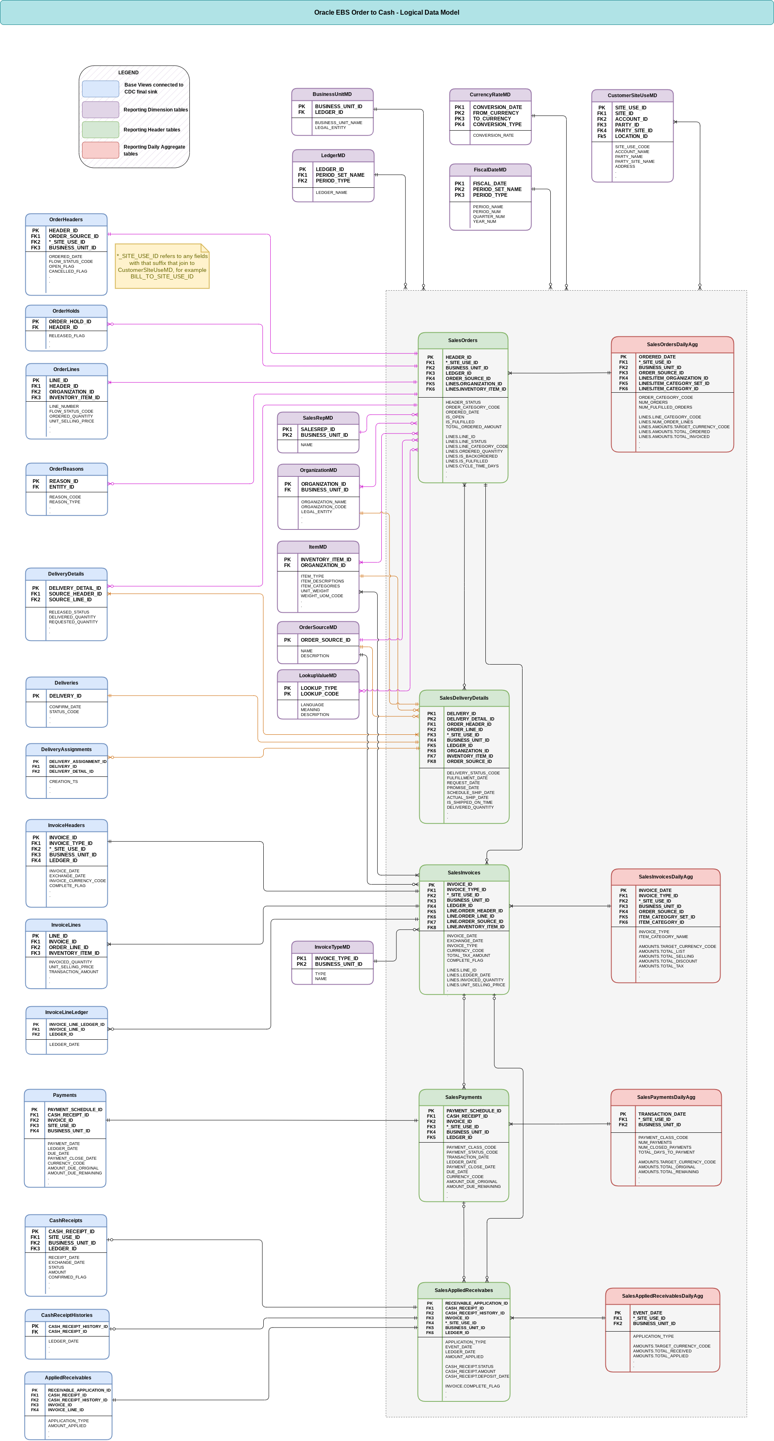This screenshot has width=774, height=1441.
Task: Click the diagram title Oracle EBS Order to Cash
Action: [x=387, y=12]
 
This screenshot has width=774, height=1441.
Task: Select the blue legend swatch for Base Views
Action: [x=101, y=89]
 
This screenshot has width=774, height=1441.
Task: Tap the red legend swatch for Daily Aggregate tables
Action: [x=101, y=150]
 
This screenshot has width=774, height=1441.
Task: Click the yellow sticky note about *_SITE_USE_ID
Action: [x=162, y=266]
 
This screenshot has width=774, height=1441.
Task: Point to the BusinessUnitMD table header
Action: [x=332, y=94]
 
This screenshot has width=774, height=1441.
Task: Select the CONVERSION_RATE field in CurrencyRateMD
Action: [x=493, y=136]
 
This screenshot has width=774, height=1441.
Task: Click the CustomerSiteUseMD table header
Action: [x=632, y=95]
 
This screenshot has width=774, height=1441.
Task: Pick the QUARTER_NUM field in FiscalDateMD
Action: [x=488, y=216]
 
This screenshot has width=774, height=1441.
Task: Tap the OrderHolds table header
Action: [x=66, y=311]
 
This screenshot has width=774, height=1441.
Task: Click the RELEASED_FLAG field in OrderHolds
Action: [x=67, y=336]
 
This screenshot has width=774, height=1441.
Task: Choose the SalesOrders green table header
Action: [x=463, y=340]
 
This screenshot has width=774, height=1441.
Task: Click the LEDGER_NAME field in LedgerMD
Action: [x=331, y=192]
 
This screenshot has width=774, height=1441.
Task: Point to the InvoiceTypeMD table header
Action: [x=332, y=947]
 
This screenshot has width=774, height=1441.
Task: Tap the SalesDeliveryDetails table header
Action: [x=464, y=698]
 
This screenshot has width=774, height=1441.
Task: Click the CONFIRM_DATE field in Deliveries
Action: [x=65, y=707]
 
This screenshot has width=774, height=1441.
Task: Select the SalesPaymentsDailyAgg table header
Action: [x=665, y=1097]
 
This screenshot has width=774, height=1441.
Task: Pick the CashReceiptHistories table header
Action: [x=67, y=1315]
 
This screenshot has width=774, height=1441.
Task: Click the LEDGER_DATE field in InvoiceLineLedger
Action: [x=64, y=1044]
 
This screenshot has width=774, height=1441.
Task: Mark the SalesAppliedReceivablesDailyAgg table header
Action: [x=662, y=1296]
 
